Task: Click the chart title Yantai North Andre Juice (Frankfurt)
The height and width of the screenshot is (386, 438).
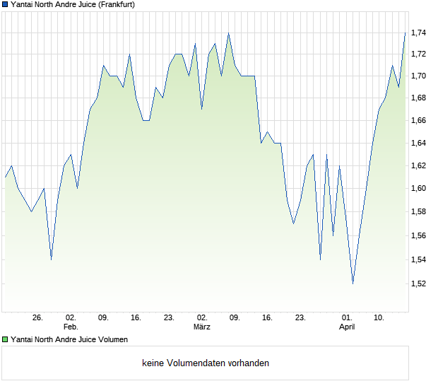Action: [x=73, y=4]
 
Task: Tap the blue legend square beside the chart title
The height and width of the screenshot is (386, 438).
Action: [x=5, y=4]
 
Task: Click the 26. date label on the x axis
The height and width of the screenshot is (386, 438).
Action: [x=38, y=318]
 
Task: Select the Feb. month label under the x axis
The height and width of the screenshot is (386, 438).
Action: [x=71, y=327]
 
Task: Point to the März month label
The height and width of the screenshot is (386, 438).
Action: [x=202, y=327]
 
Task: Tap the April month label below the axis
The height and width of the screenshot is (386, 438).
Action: [x=347, y=327]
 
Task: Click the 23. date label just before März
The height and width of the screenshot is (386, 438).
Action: [x=169, y=318]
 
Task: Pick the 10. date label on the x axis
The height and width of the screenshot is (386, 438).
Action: [x=379, y=318]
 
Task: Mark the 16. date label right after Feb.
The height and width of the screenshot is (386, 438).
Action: [x=136, y=318]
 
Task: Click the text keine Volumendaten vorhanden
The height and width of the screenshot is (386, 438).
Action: [x=206, y=363]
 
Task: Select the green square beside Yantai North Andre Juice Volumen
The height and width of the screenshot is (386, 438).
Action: [x=5, y=340]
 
